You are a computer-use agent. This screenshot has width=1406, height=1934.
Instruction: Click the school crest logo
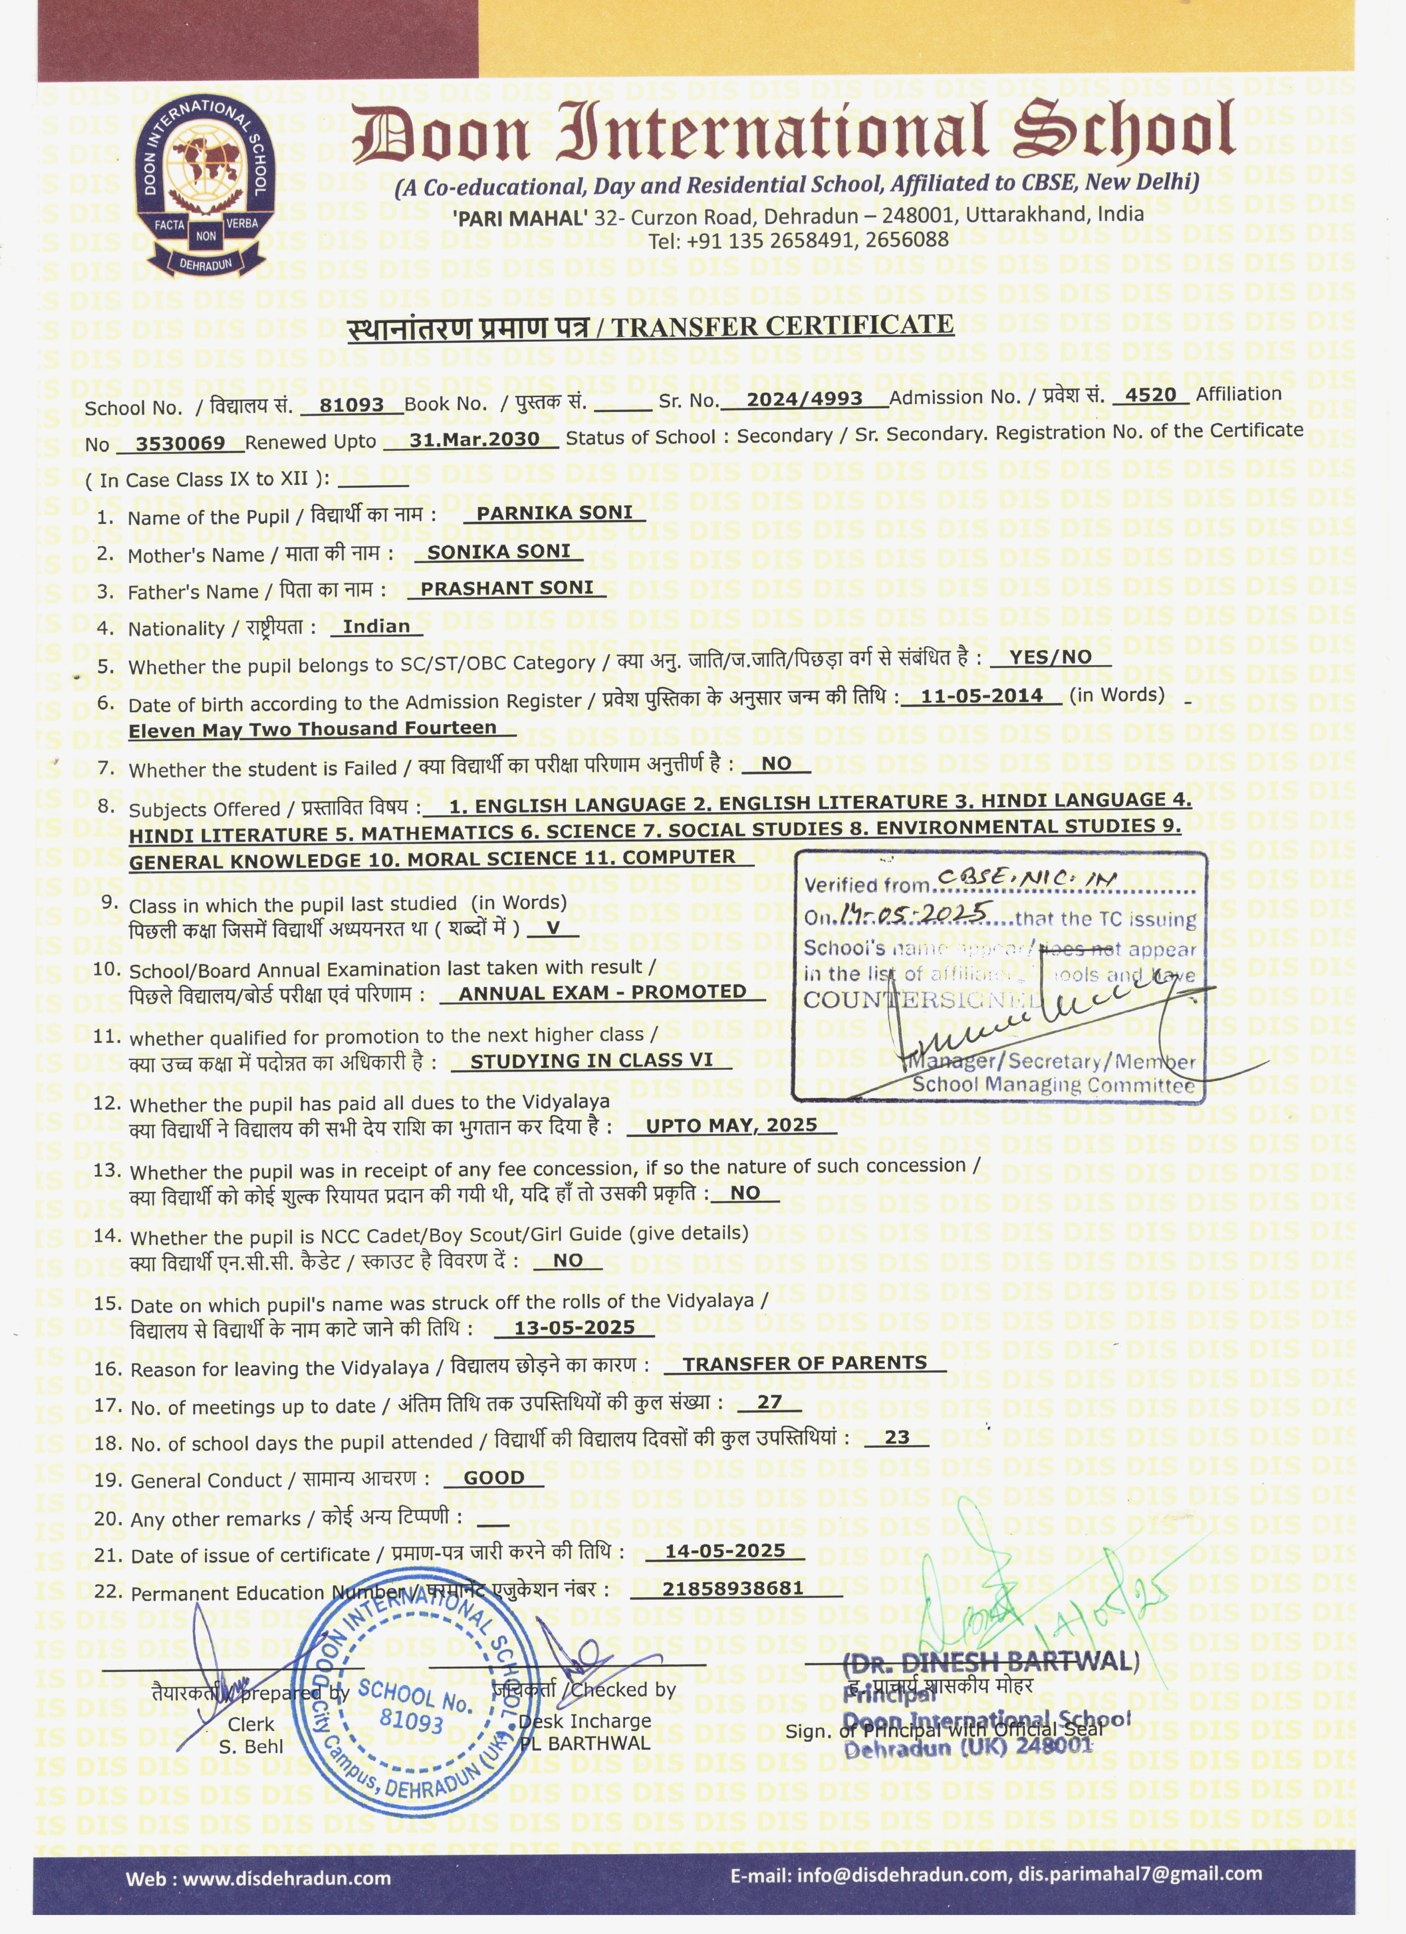205,187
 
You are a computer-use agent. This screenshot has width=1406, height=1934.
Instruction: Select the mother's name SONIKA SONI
499,552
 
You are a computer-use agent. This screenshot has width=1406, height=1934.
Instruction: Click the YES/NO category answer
1050,657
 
